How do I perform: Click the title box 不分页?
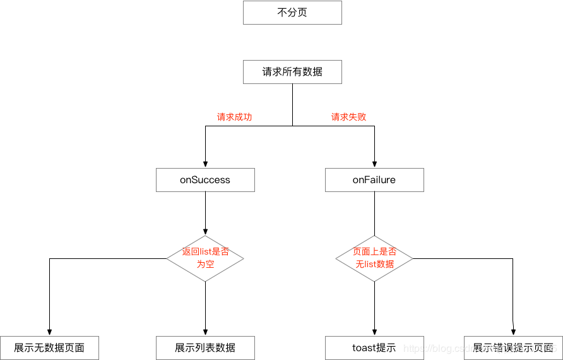point(292,13)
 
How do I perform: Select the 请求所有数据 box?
point(292,72)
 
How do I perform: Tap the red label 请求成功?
point(234,117)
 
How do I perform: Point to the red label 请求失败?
point(348,117)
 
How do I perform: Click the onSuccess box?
point(205,180)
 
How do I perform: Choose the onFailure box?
point(374,180)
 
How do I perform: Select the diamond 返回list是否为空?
point(205,258)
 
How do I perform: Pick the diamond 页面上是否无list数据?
point(374,258)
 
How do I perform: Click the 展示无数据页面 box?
point(49,348)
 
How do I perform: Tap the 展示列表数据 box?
point(205,348)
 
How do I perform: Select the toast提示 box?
point(374,348)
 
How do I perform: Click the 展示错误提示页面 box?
point(513,348)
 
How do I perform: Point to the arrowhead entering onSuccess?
point(205,164)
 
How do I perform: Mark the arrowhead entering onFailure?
point(374,164)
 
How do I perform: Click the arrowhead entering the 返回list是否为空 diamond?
point(205,232)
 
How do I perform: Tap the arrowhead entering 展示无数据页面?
point(49,332)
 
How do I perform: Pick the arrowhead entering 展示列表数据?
point(205,332)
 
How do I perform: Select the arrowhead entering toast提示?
point(374,332)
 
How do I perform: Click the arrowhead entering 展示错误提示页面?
point(514,332)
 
